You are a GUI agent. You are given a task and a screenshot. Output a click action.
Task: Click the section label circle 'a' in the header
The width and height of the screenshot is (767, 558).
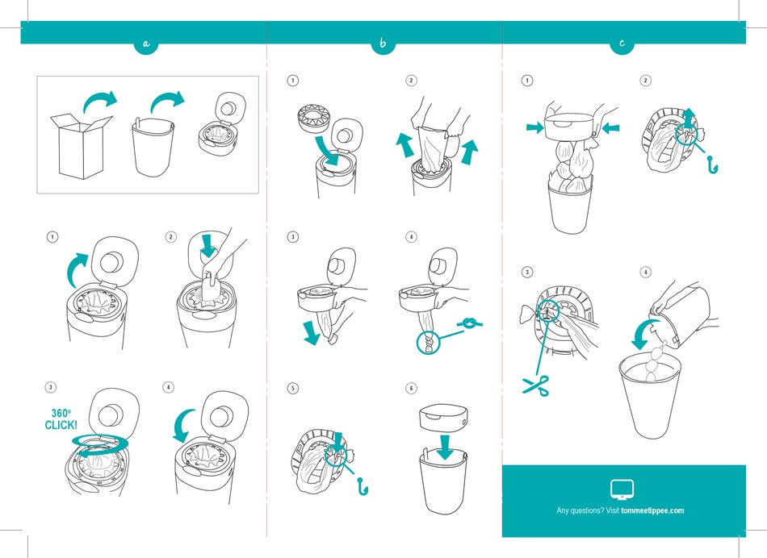(145, 44)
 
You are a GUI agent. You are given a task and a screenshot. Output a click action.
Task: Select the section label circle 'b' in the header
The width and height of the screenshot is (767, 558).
(383, 44)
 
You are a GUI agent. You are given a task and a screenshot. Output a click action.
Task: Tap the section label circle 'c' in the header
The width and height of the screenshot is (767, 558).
(622, 44)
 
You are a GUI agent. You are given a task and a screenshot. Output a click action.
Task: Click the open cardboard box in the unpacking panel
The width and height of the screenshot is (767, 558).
(81, 145)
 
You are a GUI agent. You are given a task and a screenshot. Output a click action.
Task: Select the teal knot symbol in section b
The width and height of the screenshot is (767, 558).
(469, 323)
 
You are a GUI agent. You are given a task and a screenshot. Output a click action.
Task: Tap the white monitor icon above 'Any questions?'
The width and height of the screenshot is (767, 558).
(622, 489)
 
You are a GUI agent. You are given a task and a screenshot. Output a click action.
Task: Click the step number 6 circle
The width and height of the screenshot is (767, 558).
(411, 388)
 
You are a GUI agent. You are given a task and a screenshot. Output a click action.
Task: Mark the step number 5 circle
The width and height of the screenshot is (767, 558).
(292, 388)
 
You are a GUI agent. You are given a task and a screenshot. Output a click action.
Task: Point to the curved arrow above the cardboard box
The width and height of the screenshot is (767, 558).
(101, 100)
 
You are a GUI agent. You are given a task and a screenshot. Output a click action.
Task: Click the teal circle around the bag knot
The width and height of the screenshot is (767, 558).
(429, 341)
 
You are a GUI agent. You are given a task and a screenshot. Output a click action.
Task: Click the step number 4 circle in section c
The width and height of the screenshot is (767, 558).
(645, 273)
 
